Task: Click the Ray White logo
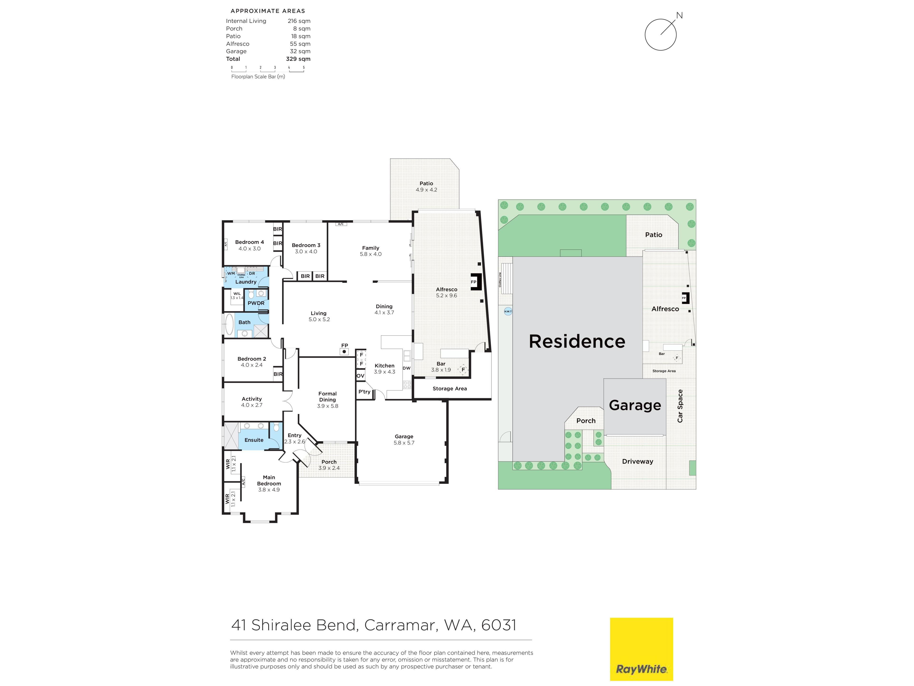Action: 641,649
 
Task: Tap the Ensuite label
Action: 254,440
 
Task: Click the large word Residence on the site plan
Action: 577,342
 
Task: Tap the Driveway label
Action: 638,461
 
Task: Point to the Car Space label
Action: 680,406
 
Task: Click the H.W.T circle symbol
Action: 508,311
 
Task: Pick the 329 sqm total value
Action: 298,59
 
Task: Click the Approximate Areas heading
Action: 268,11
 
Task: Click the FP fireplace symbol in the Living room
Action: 344,352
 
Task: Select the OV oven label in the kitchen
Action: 360,376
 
